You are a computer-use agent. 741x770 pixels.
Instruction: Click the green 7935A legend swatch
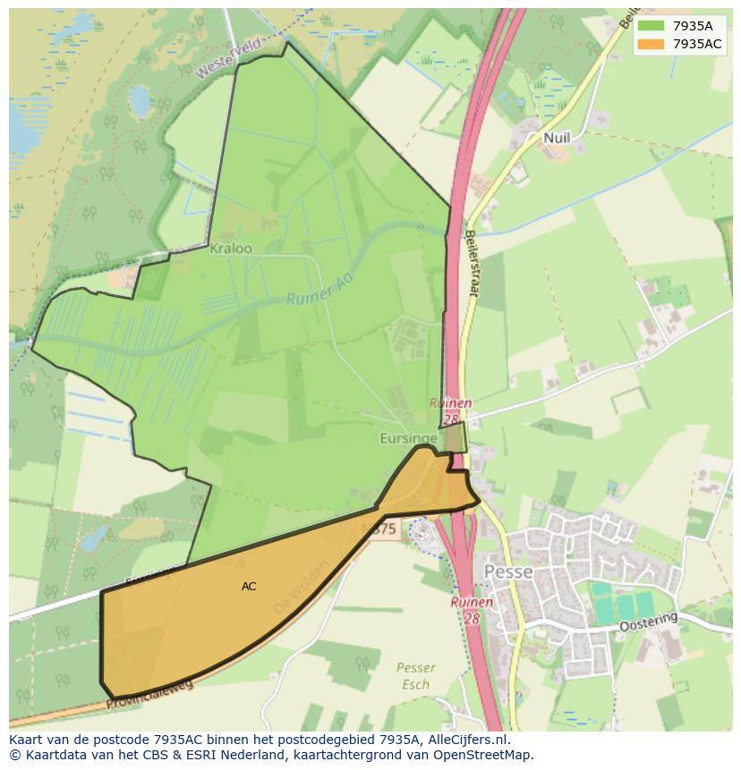652,25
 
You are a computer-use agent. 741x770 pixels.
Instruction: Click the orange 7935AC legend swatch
652,44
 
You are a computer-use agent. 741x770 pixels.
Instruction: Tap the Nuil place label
556,138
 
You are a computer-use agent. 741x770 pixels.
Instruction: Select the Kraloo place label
230,249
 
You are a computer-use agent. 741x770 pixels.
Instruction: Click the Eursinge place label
407,438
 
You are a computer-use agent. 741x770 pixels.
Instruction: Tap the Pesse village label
507,571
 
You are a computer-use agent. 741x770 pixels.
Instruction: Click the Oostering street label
649,622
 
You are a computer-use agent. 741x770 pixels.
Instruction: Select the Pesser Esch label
415,676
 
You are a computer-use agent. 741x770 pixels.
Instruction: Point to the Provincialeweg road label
149,694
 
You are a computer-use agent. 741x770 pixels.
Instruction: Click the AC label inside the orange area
249,587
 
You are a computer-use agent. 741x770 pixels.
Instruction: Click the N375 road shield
382,529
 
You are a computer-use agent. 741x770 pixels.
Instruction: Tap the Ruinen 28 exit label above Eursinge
448,410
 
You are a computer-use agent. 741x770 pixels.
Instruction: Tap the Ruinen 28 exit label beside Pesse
472,610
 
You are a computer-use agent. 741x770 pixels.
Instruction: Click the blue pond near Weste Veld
140,100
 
